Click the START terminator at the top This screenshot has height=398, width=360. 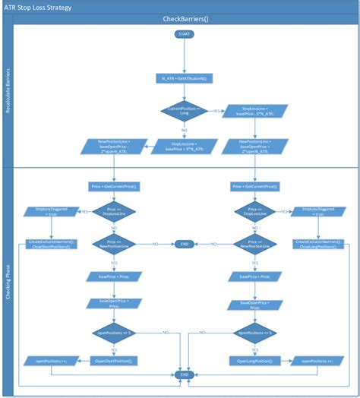tap(184, 34)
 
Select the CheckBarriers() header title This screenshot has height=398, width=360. tap(185, 19)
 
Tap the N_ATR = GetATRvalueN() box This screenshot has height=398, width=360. tap(184, 78)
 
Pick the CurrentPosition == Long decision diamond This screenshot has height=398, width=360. tap(184, 112)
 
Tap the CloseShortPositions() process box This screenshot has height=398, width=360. tap(50, 245)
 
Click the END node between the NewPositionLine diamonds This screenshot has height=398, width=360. tap(183, 244)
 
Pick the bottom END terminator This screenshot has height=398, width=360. tap(183, 375)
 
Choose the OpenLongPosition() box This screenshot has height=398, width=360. tap(254, 360)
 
